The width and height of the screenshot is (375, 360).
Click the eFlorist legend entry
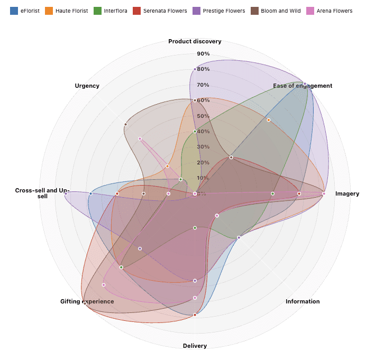tap(25, 11)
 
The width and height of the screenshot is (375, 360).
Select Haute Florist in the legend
tap(67, 11)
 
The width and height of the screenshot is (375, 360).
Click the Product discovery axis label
tap(195, 41)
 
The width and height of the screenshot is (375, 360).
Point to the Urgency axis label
tap(87, 86)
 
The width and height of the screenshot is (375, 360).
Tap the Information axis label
tap(303, 301)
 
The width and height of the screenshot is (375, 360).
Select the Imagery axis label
tap(347, 193)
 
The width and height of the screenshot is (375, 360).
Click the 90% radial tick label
tap(203, 54)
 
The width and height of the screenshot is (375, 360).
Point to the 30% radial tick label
tap(203, 147)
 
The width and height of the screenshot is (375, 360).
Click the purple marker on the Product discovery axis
tap(195, 69)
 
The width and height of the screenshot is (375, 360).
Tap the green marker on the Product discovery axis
tap(195, 131)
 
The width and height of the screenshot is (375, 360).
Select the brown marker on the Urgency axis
tap(125, 124)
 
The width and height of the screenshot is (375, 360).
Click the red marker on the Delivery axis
tap(195, 315)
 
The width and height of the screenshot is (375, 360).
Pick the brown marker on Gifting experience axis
tap(85, 303)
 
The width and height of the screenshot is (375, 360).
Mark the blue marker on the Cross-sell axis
tap(91, 193)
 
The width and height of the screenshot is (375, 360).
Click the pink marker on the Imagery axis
tap(324, 193)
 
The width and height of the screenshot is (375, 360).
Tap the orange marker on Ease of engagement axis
tap(269, 120)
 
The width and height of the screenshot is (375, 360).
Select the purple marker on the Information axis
tap(239, 237)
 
